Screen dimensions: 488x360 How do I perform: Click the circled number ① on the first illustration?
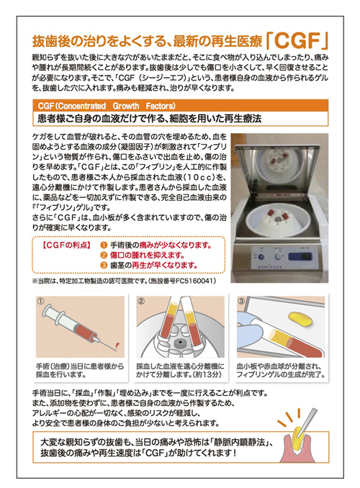click(x=41, y=299)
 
